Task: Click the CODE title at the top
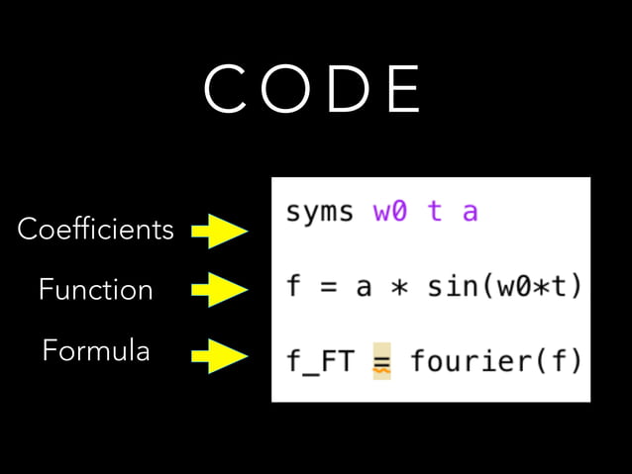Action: [313, 90]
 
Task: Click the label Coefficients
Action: [95, 231]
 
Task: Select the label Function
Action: [95, 290]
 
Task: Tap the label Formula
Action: [96, 350]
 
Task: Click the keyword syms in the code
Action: [319, 213]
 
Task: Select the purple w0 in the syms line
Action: [389, 213]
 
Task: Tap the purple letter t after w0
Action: [434, 213]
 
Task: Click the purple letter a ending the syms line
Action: [470, 213]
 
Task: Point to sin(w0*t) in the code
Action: [504, 287]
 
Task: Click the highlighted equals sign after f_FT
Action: [381, 361]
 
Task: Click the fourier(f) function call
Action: [495, 361]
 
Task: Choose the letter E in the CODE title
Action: [403, 90]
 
